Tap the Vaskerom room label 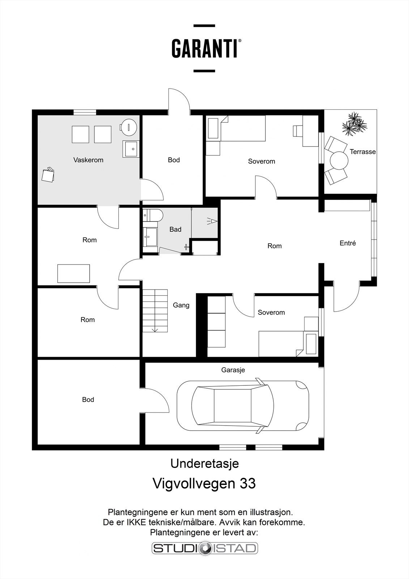88,160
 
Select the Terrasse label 362,152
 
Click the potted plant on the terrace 354,123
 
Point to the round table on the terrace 339,160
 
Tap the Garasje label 233,370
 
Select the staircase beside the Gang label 155,310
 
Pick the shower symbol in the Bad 212,221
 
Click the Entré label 348,243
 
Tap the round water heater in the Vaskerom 129,127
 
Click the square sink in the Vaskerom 131,149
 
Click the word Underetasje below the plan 205,464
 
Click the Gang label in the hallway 181,305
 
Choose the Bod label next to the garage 88,400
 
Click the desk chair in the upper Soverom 297,131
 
